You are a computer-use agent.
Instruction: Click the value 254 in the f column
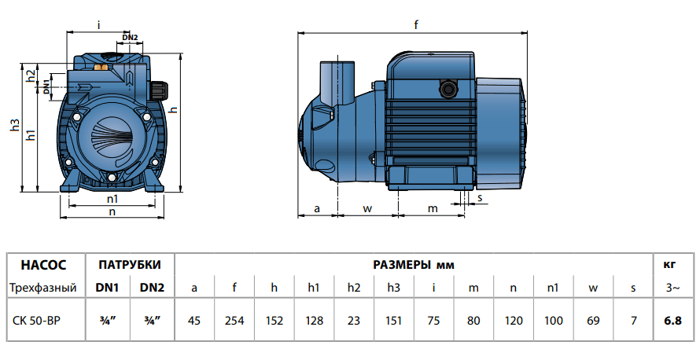click(234, 320)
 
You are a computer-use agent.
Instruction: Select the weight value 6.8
click(673, 320)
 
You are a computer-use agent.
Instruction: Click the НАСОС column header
click(43, 265)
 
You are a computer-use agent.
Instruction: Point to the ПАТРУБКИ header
click(130, 265)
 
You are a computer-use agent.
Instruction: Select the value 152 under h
click(274, 320)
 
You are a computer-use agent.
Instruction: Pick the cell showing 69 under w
click(592, 320)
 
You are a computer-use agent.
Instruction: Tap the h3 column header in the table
click(393, 288)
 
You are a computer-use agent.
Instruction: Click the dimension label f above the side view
click(416, 24)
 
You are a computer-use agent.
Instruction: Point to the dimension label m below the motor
click(432, 208)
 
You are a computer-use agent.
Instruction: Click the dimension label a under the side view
click(317, 208)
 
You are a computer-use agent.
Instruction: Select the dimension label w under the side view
click(367, 208)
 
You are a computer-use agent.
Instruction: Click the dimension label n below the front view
click(112, 211)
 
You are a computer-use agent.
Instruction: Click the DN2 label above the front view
click(131, 37)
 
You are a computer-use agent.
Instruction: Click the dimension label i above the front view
click(98, 25)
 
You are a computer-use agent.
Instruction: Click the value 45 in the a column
click(194, 320)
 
